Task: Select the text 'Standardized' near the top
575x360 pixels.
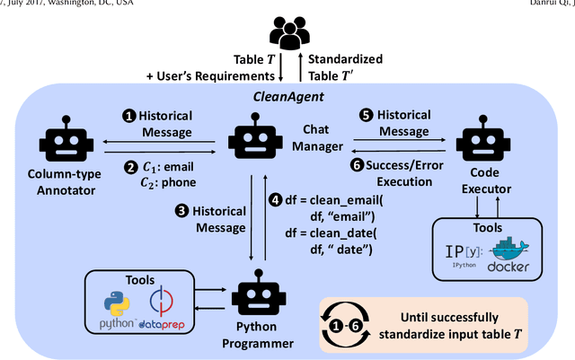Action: pos(345,59)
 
